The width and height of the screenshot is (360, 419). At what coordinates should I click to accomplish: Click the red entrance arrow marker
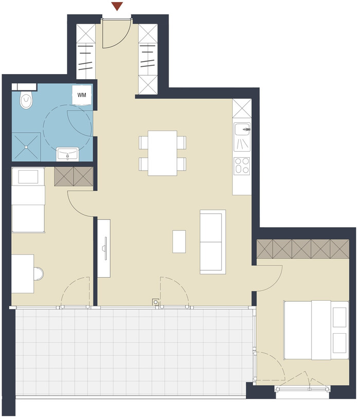tap(117, 6)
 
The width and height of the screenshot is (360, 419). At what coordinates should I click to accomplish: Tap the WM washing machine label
tap(82, 95)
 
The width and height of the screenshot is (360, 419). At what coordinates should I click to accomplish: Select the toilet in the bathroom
tap(26, 99)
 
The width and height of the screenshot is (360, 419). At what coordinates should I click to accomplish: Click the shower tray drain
tap(26, 147)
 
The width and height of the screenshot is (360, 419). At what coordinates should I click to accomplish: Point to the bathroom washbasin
tap(67, 154)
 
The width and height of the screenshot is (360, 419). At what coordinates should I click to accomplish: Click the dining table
tap(163, 153)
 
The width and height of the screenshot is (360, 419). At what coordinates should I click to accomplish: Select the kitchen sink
tap(242, 137)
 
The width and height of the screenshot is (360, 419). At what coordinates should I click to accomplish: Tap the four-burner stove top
tap(242, 166)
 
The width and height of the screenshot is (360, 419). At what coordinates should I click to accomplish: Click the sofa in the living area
tap(213, 242)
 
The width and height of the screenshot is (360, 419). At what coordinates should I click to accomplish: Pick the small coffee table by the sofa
tap(179, 242)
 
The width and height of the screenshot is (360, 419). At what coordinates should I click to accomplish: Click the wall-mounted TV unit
tap(104, 248)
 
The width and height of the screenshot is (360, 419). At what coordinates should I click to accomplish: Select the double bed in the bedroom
tap(316, 330)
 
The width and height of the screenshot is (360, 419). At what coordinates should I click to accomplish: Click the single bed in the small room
tap(28, 200)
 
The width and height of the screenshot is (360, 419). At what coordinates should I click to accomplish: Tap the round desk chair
tap(39, 274)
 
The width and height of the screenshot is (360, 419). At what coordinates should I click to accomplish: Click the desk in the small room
tap(23, 274)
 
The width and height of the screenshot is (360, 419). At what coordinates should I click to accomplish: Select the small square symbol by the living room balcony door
tap(155, 302)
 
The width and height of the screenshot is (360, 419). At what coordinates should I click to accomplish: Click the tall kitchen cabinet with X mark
tap(242, 108)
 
